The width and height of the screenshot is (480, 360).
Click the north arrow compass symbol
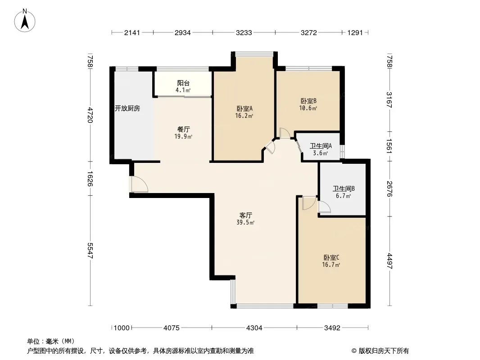tap(25, 21)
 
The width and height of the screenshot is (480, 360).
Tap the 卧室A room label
tap(245, 108)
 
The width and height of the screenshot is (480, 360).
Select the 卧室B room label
tap(308, 101)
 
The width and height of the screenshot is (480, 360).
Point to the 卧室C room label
tap(331, 257)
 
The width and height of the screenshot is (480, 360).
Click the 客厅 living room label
tap(245, 216)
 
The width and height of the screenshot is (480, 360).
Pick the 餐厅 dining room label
tap(183, 130)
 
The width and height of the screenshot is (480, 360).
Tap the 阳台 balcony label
tap(183, 83)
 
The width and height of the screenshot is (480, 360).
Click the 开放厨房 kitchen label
tap(127, 108)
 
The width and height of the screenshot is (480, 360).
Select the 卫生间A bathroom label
tap(321, 146)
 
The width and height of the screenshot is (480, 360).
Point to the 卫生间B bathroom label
tap(344, 189)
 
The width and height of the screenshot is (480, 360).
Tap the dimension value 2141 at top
tap(132, 32)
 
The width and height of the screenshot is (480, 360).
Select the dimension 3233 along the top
tap(244, 32)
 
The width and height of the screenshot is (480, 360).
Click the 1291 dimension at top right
tap(355, 32)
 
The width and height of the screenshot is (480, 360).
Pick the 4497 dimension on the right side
tap(389, 261)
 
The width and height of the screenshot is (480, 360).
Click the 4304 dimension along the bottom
tap(254, 328)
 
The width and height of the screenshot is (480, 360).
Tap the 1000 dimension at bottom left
tap(122, 328)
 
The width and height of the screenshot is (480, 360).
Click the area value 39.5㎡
tap(245, 223)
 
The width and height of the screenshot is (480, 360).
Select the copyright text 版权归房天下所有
tap(384, 351)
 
